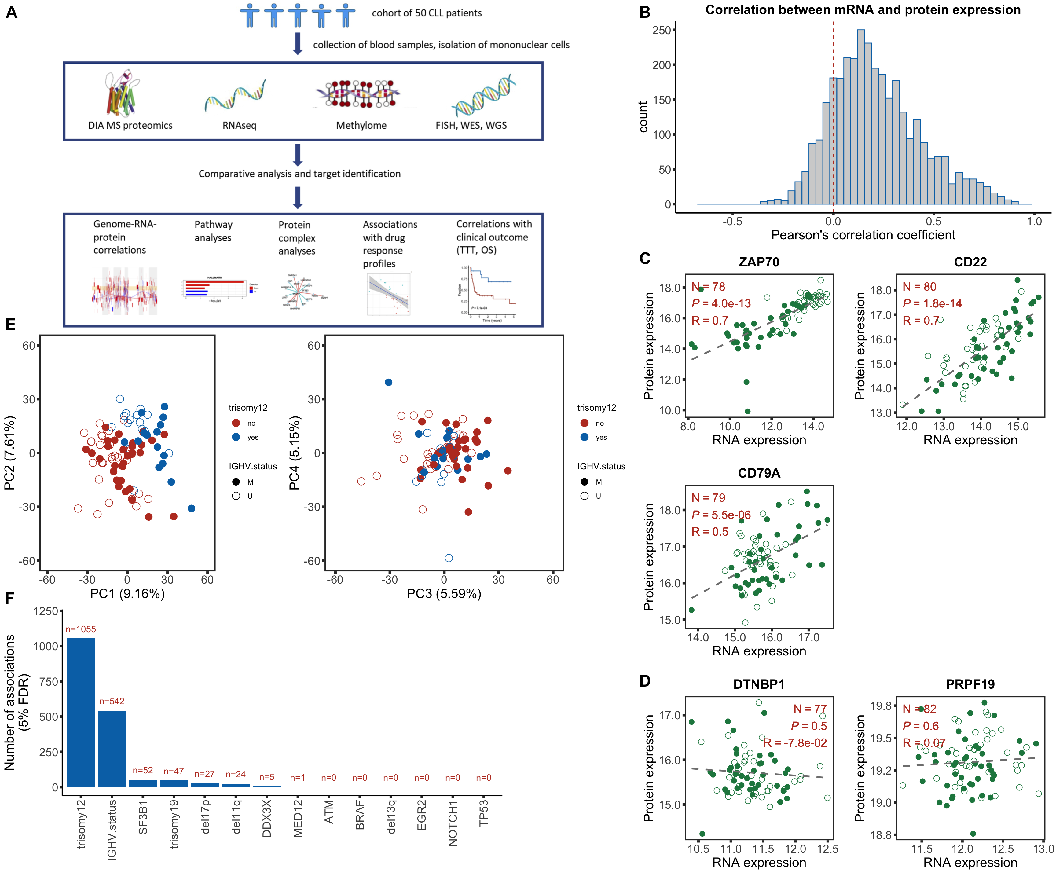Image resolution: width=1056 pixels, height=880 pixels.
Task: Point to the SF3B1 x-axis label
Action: click(143, 817)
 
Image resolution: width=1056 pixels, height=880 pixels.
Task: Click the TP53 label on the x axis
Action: click(484, 813)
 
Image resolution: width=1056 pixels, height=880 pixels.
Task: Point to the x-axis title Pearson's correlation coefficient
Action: click(863, 235)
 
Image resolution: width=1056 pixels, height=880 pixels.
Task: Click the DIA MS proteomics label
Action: click(130, 125)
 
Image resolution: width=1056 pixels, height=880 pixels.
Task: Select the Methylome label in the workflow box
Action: click(361, 125)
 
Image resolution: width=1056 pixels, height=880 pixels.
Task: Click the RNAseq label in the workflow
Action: click(239, 125)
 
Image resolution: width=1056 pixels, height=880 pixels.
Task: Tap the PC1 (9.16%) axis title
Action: click(127, 594)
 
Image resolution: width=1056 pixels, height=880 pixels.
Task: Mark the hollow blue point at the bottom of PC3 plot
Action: click(449, 558)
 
